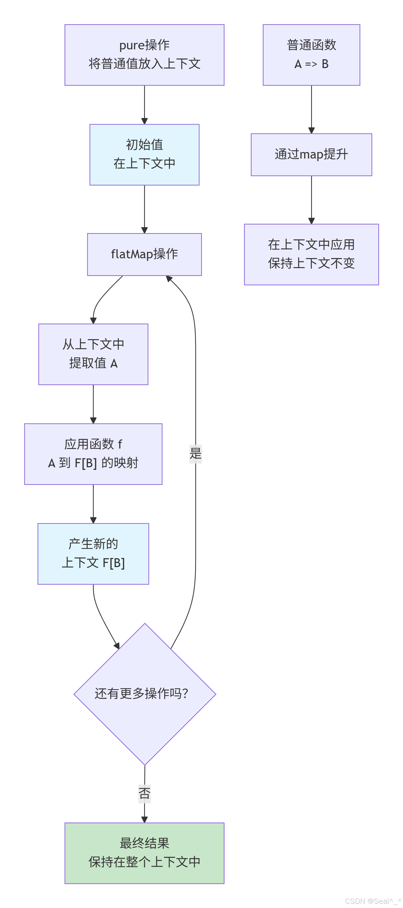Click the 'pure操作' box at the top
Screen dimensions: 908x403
pyautogui.click(x=144, y=55)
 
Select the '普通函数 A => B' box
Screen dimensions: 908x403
pyautogui.click(x=311, y=55)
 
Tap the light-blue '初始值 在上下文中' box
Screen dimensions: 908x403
pyautogui.click(x=144, y=154)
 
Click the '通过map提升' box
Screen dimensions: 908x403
pyautogui.click(x=311, y=154)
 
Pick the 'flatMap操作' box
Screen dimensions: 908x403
pyautogui.click(x=144, y=254)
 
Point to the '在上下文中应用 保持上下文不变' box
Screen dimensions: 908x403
pyautogui.click(x=311, y=254)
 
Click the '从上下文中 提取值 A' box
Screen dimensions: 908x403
pyautogui.click(x=93, y=354)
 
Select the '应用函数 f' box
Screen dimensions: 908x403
pyautogui.click(x=93, y=454)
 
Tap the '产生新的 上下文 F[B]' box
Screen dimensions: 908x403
pyautogui.click(x=93, y=553)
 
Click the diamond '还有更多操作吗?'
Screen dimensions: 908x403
pyautogui.click(x=145, y=694)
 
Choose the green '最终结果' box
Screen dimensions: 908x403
pyautogui.click(x=144, y=853)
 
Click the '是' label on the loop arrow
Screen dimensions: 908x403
pyautogui.click(x=195, y=453)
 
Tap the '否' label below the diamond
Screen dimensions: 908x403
pyautogui.click(x=144, y=794)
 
